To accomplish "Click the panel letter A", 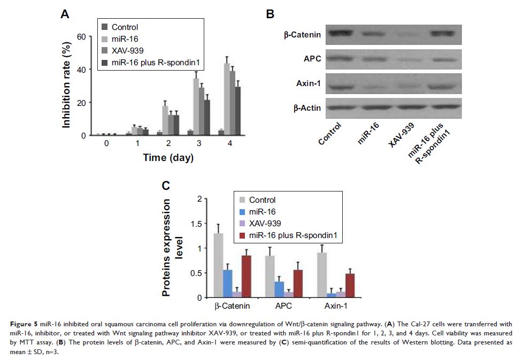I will click(x=65, y=14).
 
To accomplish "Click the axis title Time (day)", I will click(x=167, y=158).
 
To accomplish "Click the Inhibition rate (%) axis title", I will click(x=67, y=85).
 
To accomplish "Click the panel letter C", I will click(x=166, y=186).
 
